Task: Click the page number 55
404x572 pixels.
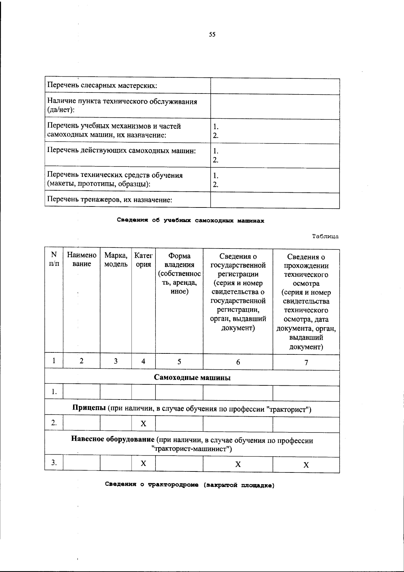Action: coord(212,34)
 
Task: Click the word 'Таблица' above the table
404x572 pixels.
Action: coord(325,236)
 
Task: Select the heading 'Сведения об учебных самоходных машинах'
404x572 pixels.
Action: coord(191,221)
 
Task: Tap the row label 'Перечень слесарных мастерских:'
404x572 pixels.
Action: coord(102,85)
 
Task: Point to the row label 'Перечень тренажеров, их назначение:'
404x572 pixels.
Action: coord(110,200)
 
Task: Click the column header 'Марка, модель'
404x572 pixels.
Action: coord(116,260)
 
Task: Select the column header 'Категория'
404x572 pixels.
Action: coord(143,260)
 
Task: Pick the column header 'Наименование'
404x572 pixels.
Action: coord(81,260)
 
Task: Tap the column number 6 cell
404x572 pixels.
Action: coord(238,362)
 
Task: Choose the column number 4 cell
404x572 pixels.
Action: coord(143,361)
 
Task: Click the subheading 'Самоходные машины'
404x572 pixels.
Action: coord(192,378)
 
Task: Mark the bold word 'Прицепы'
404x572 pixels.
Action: coord(89,409)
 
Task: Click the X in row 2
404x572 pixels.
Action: coord(143,424)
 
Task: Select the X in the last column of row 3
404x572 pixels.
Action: coord(306,465)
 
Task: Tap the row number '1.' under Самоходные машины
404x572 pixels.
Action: coord(54,392)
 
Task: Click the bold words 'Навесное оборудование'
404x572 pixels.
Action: coord(113,440)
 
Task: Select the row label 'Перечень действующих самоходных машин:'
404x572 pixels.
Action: coord(122,151)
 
